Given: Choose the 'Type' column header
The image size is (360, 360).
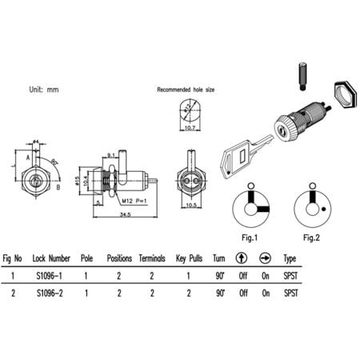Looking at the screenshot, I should [x=290, y=259].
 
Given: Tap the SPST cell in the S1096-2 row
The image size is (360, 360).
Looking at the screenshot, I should [x=290, y=294].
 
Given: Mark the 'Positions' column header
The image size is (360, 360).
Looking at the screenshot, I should [x=118, y=259].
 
